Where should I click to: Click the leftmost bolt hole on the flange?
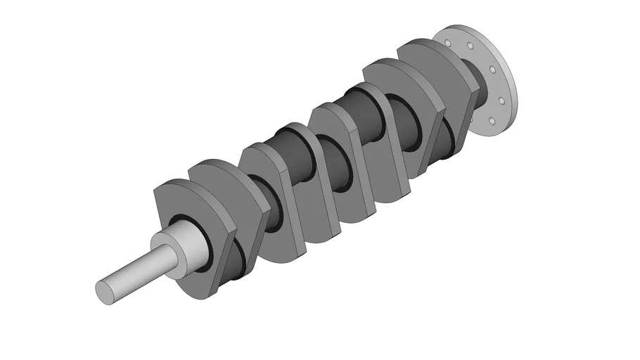pos(447,43)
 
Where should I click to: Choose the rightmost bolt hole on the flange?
pos(503,101)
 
